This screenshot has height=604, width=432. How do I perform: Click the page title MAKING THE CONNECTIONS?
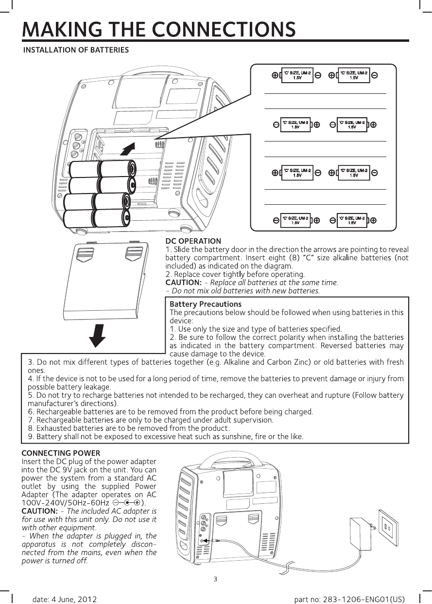click(x=158, y=29)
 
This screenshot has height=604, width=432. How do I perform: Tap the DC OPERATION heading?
click(x=193, y=240)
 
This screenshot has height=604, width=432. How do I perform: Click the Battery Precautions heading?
click(x=205, y=304)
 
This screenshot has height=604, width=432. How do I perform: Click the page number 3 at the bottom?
click(x=215, y=579)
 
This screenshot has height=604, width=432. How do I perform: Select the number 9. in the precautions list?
click(x=32, y=436)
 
